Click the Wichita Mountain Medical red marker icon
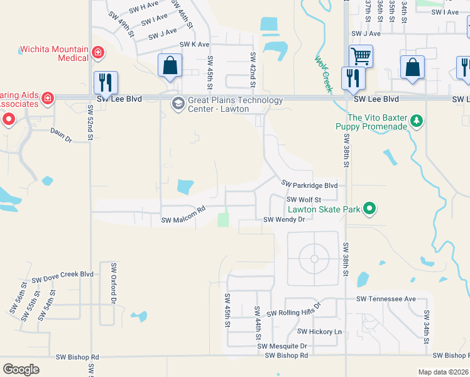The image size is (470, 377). [97, 53]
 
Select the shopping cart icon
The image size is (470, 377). [361, 56]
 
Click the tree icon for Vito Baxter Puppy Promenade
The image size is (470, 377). [416, 121]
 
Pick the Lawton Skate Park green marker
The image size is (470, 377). [370, 209]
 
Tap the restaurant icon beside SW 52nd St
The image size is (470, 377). [104, 82]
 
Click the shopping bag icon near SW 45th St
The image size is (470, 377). [170, 65]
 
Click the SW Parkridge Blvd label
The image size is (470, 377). [310, 185]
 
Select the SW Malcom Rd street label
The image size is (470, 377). [183, 217]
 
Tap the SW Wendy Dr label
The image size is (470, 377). [284, 219]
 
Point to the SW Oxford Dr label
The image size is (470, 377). [114, 283]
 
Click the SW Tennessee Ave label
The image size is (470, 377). [386, 299]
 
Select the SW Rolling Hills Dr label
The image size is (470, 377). [293, 310]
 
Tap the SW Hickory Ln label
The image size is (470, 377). [319, 331]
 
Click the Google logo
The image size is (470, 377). [21, 369]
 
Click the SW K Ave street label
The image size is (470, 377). [194, 45]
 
